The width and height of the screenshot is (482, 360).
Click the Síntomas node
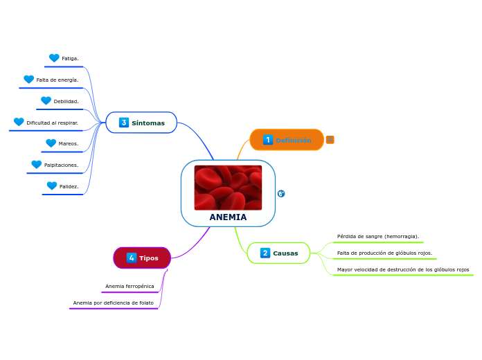[141, 123]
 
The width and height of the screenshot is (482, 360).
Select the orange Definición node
[287, 140]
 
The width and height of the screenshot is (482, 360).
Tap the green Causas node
[278, 253]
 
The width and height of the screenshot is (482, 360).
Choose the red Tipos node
[142, 258]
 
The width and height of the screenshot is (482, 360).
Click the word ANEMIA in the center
[228, 217]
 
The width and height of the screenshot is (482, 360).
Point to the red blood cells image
[228, 188]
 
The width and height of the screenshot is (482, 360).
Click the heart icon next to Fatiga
[54, 58]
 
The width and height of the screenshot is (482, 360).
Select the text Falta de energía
[57, 80]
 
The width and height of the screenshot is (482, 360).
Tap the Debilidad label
[66, 101]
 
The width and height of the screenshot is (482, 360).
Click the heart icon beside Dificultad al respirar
[19, 122]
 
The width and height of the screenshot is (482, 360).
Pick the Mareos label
[68, 143]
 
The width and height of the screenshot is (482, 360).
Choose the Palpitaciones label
[61, 165]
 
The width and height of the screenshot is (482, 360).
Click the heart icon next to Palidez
[52, 186]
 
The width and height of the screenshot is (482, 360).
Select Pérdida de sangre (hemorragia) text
[377, 236]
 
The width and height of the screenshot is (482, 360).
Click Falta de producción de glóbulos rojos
[384, 253]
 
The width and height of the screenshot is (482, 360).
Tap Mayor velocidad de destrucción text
[402, 269]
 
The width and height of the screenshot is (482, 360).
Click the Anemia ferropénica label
[130, 286]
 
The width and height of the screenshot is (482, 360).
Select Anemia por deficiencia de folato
[114, 303]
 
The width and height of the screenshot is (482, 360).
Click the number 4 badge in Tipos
[132, 258]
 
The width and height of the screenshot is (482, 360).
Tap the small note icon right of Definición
[330, 140]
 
